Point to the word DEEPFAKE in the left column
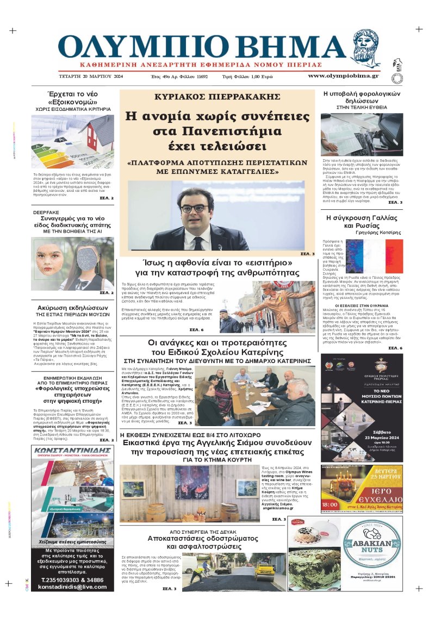[46, 213]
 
